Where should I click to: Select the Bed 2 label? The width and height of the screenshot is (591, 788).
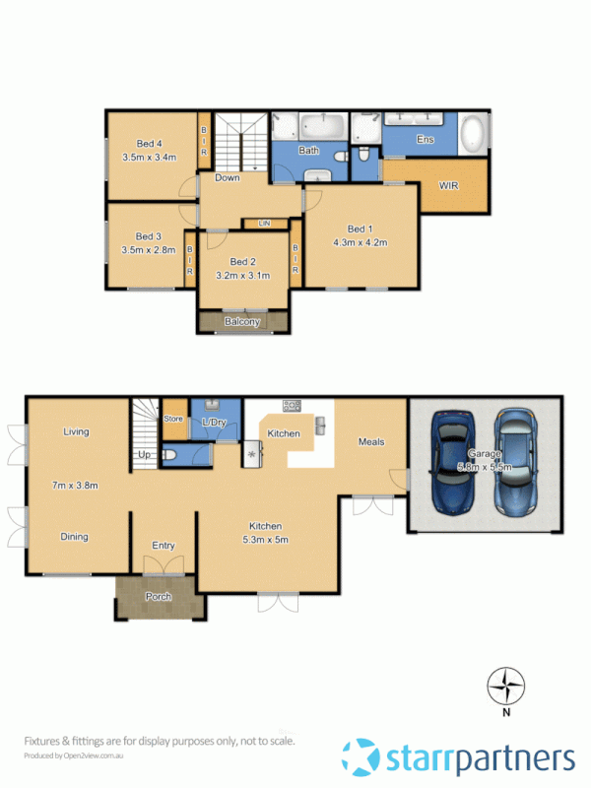click(243, 262)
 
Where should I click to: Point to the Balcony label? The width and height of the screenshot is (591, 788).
click(243, 322)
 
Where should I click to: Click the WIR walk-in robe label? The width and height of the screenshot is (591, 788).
click(448, 185)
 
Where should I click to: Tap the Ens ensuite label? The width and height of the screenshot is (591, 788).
click(426, 140)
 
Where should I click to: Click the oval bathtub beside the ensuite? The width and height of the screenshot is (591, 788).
click(474, 133)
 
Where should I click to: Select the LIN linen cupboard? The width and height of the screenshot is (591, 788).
click(264, 224)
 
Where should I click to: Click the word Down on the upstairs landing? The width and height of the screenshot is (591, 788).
click(228, 178)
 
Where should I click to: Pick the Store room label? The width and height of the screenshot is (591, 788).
click(173, 419)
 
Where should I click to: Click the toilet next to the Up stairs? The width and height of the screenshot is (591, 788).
click(170, 455)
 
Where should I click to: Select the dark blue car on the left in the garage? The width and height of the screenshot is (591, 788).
click(452, 463)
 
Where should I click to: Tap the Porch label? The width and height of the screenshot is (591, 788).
click(159, 597)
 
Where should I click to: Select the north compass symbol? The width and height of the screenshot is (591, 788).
click(507, 686)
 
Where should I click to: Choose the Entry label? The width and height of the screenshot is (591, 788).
click(164, 546)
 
